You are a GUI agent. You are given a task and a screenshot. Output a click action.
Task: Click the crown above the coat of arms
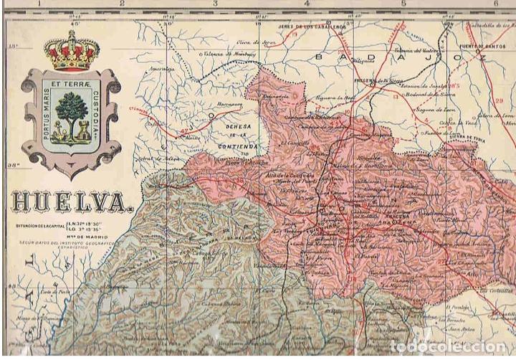(71, 49)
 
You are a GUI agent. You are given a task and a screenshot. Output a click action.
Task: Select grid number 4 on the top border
(307, 4)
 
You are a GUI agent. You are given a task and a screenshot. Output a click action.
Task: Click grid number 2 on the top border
(123, 4)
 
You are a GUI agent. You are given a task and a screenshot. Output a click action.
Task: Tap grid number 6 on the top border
(495, 4)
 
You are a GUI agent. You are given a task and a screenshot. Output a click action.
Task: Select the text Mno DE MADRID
(72, 239)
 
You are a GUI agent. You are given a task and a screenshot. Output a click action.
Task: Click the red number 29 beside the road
(499, 100)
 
